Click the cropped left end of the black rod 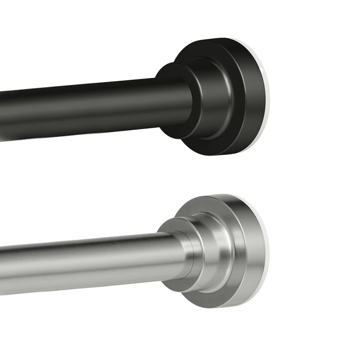tap(3, 115)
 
